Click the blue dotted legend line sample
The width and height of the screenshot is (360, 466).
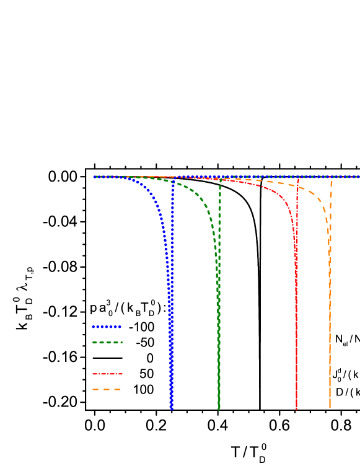click(x=107, y=327)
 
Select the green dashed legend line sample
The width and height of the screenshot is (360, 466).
click(x=107, y=342)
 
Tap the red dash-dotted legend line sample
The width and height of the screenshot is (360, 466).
click(x=107, y=374)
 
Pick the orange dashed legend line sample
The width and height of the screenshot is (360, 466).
click(x=107, y=389)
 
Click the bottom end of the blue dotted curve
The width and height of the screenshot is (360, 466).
click(x=172, y=408)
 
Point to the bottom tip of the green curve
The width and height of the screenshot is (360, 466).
click(x=219, y=408)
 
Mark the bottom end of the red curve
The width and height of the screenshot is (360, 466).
click(x=296, y=408)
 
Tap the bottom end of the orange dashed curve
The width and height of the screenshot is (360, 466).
click(x=330, y=408)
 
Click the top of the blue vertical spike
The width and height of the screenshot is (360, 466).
click(x=173, y=178)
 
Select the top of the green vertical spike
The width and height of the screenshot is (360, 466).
click(x=220, y=180)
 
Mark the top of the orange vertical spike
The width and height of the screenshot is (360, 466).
click(x=331, y=180)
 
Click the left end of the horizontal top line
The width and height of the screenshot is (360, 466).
click(x=94, y=177)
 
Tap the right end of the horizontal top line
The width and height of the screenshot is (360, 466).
click(x=359, y=177)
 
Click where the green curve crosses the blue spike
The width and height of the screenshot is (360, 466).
click(x=173, y=182)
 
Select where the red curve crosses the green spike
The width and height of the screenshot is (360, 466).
click(x=220, y=180)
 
